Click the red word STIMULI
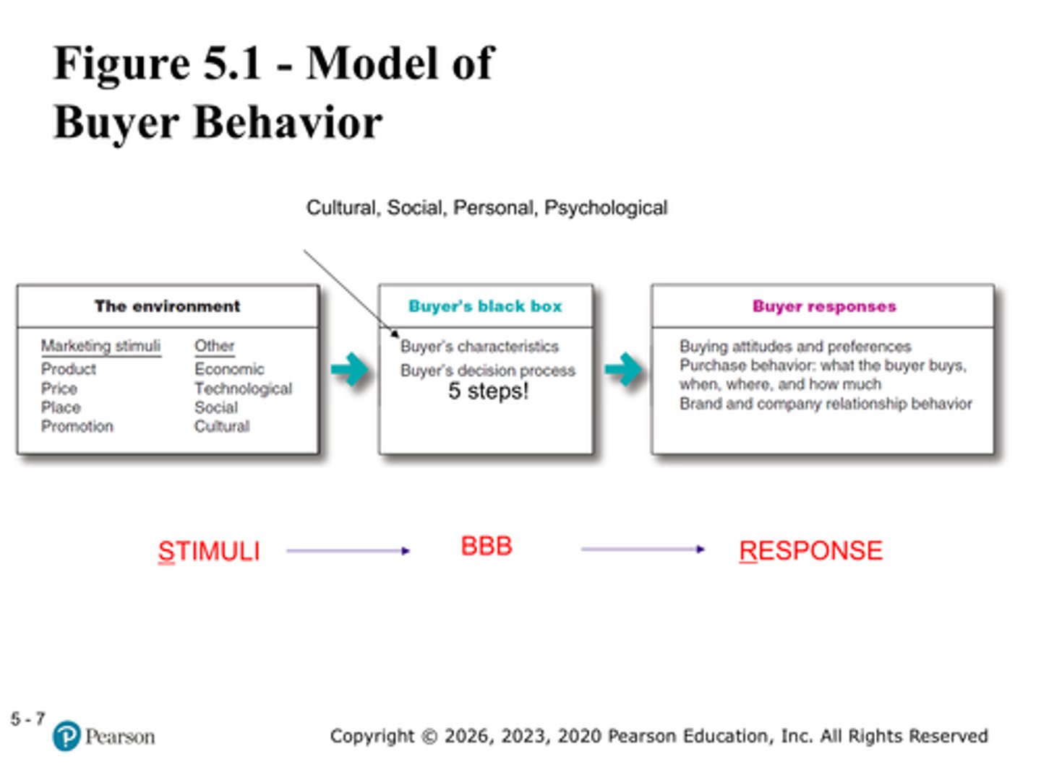point(209,552)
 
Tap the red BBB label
point(487,546)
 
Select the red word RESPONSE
point(810,551)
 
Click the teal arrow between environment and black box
point(350,370)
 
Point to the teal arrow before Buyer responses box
point(623,370)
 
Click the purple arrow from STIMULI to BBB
point(348,551)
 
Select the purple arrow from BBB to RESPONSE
point(642,550)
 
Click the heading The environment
point(167,306)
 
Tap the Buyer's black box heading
point(485,306)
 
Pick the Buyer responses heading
point(824,306)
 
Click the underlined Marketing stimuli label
point(100,346)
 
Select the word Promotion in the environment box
point(77,426)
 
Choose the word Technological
point(243,389)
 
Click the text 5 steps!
point(489,391)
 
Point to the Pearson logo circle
point(67,736)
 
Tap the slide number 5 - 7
point(27,719)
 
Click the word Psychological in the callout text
point(606,208)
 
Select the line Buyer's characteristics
point(479,347)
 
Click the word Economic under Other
point(229,369)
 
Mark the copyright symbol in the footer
point(429,737)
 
